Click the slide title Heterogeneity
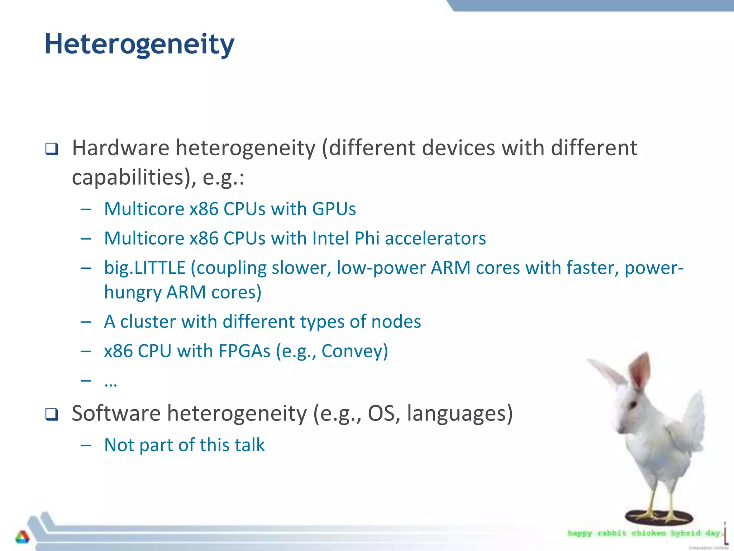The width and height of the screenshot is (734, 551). tap(139, 44)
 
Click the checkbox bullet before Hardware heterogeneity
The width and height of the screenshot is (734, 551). tap(52, 149)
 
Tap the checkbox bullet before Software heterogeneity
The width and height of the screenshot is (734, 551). tap(52, 414)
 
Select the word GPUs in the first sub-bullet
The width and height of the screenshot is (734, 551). tap(334, 209)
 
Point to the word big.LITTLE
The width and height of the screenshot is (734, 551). tap(144, 268)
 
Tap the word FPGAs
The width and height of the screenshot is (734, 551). tap(244, 351)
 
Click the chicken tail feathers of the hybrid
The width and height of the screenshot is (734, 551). tap(694, 416)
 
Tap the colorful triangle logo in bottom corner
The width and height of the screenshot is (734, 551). tap(22, 537)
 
